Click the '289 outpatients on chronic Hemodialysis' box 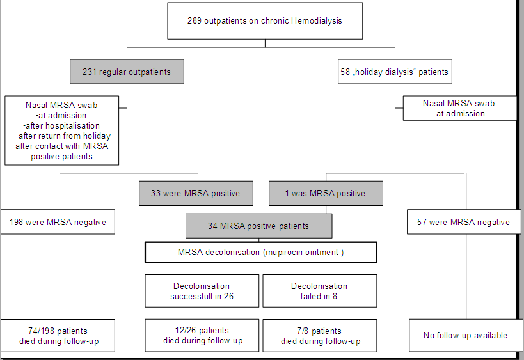coord(265,20)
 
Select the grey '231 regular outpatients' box coord(127,72)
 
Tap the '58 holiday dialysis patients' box coord(395,72)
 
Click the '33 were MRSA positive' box coord(196,193)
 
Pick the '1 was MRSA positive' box coord(326,193)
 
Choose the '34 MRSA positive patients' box coord(259,226)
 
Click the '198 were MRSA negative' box coord(58,222)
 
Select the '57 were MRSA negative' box coord(464,222)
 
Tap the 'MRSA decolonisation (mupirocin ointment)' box coord(261,253)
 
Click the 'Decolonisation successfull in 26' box coord(202,291)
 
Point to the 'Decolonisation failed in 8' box coord(320,291)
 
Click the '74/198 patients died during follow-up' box coord(58,336)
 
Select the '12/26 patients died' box coord(202,336)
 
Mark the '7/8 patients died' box coord(320,336)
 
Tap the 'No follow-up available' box coord(466,336)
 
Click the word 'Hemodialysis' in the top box coord(317,20)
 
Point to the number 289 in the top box coord(195,20)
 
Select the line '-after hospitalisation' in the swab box coord(61,125)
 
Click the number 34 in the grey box coord(212,226)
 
